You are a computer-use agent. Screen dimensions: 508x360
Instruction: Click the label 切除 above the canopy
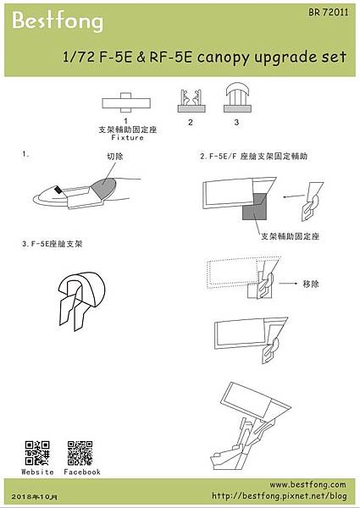point(115,157)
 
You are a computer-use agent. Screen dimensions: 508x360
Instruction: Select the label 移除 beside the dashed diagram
point(311,285)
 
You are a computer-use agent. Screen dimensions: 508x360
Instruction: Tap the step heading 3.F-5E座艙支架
point(58,244)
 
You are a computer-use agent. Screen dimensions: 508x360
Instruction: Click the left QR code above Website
point(36,452)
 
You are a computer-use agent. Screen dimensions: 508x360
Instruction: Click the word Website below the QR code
point(37,472)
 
